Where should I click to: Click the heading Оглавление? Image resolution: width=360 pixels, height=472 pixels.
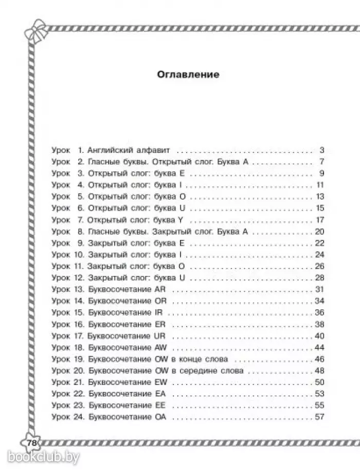187,75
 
